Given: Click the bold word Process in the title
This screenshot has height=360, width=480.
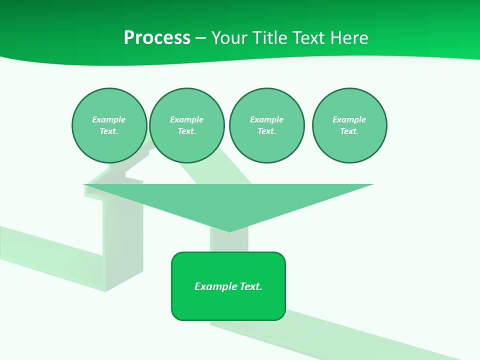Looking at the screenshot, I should [x=157, y=38].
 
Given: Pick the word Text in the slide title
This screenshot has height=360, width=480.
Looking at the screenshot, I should [x=308, y=38].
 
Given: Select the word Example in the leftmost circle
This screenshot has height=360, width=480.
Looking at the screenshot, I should [x=109, y=119].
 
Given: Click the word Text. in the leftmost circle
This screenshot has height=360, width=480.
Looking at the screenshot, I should [x=109, y=131].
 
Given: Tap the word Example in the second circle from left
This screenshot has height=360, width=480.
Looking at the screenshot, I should [x=186, y=119].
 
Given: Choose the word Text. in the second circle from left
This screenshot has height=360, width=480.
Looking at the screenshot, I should [x=186, y=131].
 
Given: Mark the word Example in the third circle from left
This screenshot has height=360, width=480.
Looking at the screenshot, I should [x=266, y=119].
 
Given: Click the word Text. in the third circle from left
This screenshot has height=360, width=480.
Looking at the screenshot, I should [x=266, y=131].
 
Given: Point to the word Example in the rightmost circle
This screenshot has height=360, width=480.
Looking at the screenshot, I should [x=349, y=119].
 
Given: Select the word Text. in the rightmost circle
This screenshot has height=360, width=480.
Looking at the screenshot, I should [x=349, y=131].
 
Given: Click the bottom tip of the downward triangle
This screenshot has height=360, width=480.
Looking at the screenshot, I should [x=229, y=231].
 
